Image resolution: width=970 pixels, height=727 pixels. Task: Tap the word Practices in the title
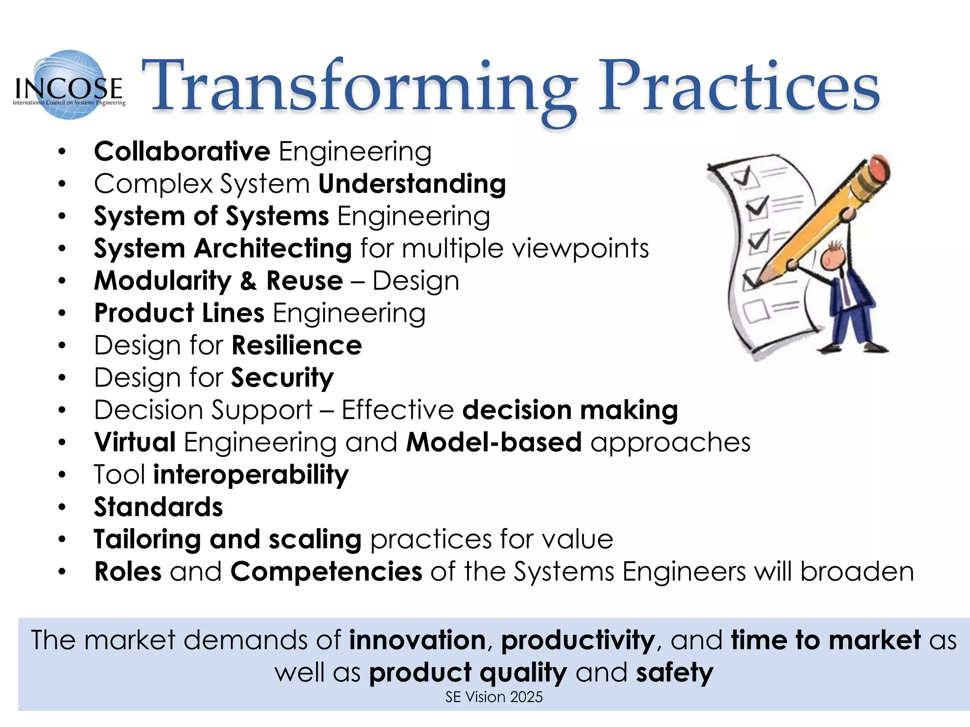click(739, 88)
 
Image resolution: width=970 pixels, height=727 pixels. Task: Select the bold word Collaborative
click(182, 151)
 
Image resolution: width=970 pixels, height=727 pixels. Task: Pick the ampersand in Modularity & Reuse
click(248, 281)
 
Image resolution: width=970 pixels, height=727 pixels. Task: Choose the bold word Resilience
click(297, 346)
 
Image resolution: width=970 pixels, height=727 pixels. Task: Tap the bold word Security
click(282, 378)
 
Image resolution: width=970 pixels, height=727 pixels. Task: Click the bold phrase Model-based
click(494, 443)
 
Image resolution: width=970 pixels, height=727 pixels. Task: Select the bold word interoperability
click(251, 475)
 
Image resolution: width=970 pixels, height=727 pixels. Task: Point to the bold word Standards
click(158, 507)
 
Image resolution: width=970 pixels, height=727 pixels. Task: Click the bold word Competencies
click(326, 572)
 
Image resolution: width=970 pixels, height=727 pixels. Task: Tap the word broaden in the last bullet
click(857, 572)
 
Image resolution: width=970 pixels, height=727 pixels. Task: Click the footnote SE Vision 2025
click(494, 697)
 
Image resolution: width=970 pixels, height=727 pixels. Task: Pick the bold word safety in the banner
click(674, 673)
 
